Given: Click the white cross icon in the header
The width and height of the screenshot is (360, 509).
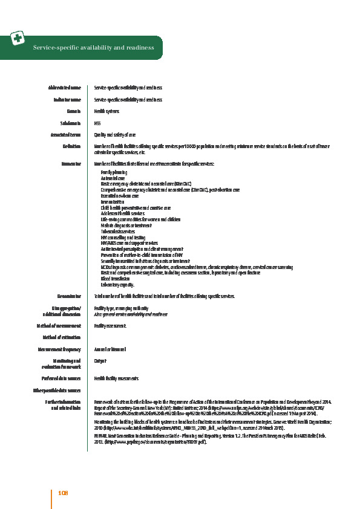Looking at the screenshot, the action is pos(18,39).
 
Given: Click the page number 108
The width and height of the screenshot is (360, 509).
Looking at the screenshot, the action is pos(63,493).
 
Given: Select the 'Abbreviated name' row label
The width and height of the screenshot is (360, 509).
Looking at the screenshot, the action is pos(64,88).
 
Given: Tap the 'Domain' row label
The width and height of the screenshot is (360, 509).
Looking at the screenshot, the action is pos(74,111).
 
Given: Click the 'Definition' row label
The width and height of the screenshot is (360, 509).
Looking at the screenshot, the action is pos(71,146).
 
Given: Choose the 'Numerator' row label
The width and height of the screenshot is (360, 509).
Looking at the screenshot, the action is pos(70,163).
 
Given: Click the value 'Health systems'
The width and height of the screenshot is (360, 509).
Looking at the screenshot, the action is pos(107,111).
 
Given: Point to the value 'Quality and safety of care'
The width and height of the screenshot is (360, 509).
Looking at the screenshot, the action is pos(115,134).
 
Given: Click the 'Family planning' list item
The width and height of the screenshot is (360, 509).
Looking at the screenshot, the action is pos(112,172).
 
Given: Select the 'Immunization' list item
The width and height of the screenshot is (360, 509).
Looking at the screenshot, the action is pos(111,201).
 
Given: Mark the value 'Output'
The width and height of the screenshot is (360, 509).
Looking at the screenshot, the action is pos(100,360).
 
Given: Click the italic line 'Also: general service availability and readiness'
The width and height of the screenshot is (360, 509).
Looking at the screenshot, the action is pos(130,314).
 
